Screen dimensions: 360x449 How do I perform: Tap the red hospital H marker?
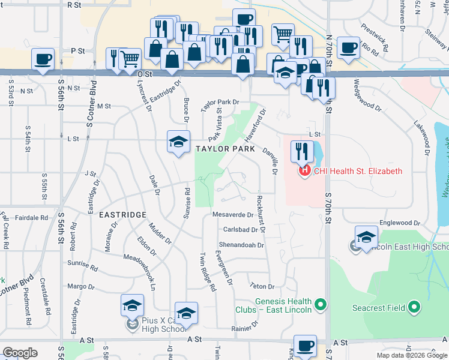304,171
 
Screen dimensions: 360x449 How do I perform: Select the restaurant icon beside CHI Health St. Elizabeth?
302,151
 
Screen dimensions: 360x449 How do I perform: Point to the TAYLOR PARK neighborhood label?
224,148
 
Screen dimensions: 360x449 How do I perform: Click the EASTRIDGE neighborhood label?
123,215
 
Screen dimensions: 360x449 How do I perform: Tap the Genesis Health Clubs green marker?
321,305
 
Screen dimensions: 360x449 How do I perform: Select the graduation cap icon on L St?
178,142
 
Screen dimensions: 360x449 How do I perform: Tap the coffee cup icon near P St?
43,58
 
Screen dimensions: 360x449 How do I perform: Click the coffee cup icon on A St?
305,346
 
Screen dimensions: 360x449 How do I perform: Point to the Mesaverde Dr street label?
234,214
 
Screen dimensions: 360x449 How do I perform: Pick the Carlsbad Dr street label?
240,230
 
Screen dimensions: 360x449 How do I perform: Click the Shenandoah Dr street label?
241,245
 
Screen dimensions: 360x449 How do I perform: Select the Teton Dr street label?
262,287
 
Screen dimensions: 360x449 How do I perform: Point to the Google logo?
20,353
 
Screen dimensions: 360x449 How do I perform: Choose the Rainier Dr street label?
245,329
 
